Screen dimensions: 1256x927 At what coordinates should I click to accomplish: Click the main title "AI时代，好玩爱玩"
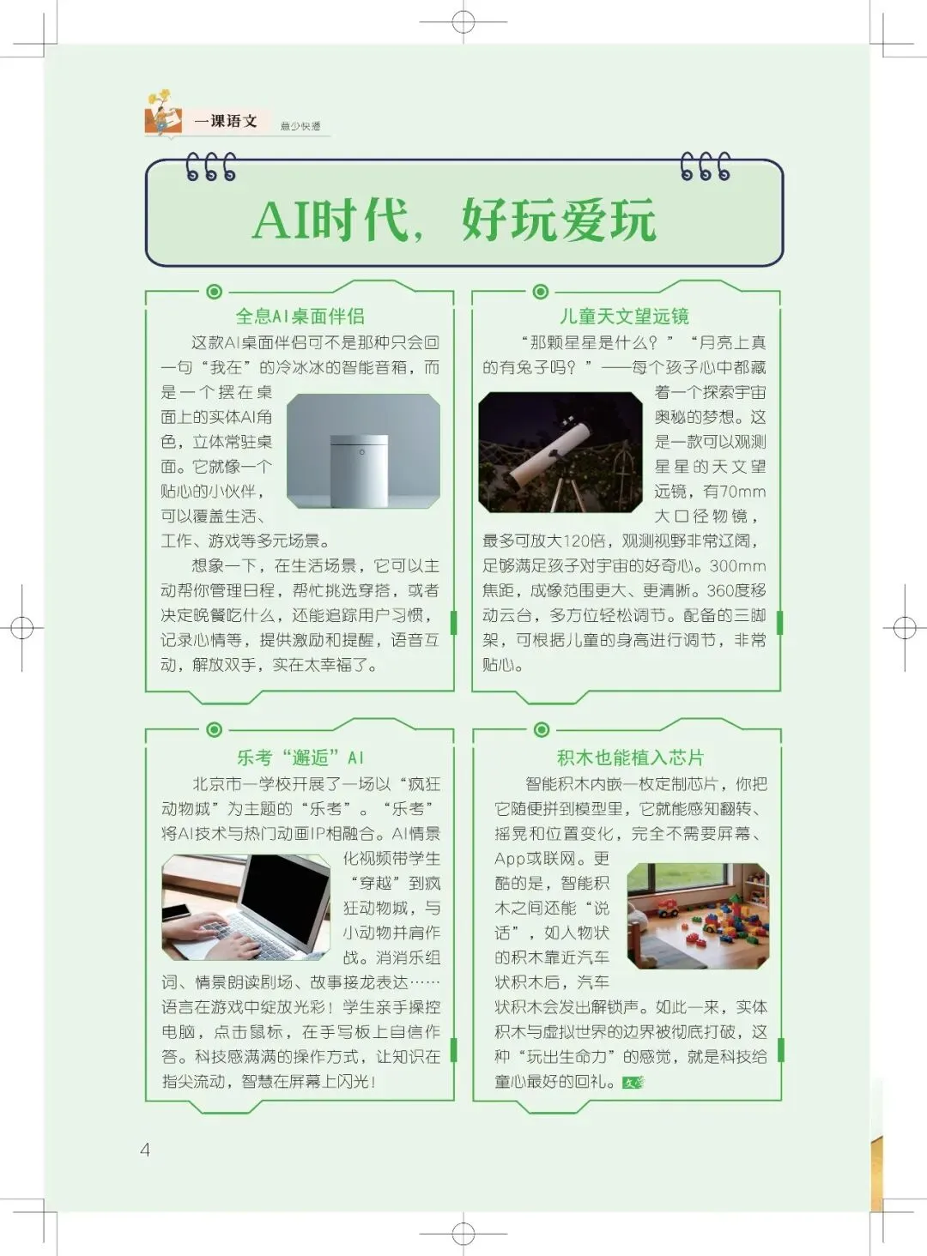pos(455,220)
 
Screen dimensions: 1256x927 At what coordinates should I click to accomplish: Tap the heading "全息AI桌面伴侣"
pos(300,316)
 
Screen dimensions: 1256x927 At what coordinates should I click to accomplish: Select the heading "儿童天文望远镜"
pos(624,316)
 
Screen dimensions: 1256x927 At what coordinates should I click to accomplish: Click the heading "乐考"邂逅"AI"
pos(300,758)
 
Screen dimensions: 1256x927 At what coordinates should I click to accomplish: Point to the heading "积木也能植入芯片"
pos(630,758)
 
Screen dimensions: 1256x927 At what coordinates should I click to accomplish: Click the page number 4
pos(145,1150)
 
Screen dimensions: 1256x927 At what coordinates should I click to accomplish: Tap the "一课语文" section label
pos(226,121)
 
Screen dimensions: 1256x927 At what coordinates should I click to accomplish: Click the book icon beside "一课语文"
pos(163,118)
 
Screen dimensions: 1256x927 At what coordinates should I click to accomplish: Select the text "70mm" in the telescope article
pos(742,492)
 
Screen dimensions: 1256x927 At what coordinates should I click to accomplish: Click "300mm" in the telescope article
pos(737,566)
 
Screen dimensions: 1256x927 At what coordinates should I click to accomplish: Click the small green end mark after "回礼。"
pos(633,1083)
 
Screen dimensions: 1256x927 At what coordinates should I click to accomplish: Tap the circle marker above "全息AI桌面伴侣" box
pos(215,292)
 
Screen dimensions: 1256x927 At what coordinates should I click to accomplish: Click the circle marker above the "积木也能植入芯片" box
pos(542,730)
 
